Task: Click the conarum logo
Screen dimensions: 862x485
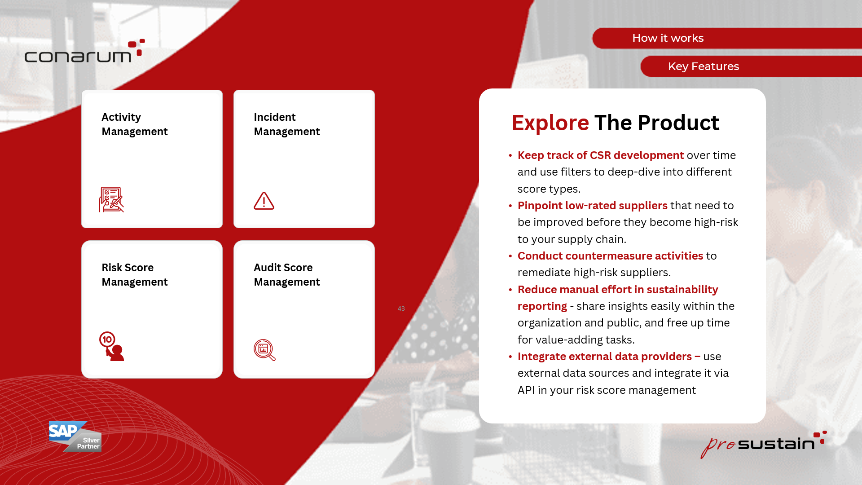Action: [x=85, y=51]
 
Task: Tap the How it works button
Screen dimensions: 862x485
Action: [x=727, y=38]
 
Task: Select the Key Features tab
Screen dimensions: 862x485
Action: [x=751, y=66]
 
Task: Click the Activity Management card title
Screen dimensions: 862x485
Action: [x=134, y=124]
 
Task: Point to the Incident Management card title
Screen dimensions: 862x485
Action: [x=286, y=124]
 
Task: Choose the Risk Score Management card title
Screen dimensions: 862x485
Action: [x=134, y=275]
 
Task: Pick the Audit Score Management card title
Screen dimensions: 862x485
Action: [x=286, y=275]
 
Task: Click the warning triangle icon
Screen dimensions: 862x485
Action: [x=264, y=201]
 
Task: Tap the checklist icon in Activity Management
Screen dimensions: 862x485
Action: [x=111, y=199]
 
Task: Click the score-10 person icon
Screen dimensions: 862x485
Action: [x=111, y=346]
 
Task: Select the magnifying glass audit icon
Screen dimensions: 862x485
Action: [x=264, y=350]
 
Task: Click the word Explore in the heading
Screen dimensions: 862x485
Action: [x=550, y=123]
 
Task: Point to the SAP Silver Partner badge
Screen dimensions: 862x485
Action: [x=75, y=436]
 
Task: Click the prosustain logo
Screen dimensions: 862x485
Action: [x=763, y=444]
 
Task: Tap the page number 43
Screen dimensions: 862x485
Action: [x=401, y=309]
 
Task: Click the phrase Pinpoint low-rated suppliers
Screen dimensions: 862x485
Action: [x=592, y=206]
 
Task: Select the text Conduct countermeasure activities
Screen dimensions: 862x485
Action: [x=610, y=256]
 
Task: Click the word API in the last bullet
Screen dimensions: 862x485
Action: [x=526, y=390]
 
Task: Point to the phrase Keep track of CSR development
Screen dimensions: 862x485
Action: [x=601, y=155]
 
